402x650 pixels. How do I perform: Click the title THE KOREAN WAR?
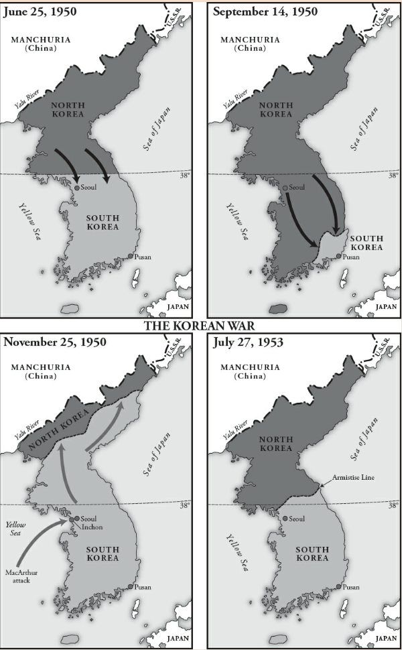point(201,326)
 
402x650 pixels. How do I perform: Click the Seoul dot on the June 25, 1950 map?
point(76,188)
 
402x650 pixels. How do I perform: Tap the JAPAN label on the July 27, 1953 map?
point(386,639)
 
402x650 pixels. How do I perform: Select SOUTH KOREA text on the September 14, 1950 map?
point(366,243)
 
